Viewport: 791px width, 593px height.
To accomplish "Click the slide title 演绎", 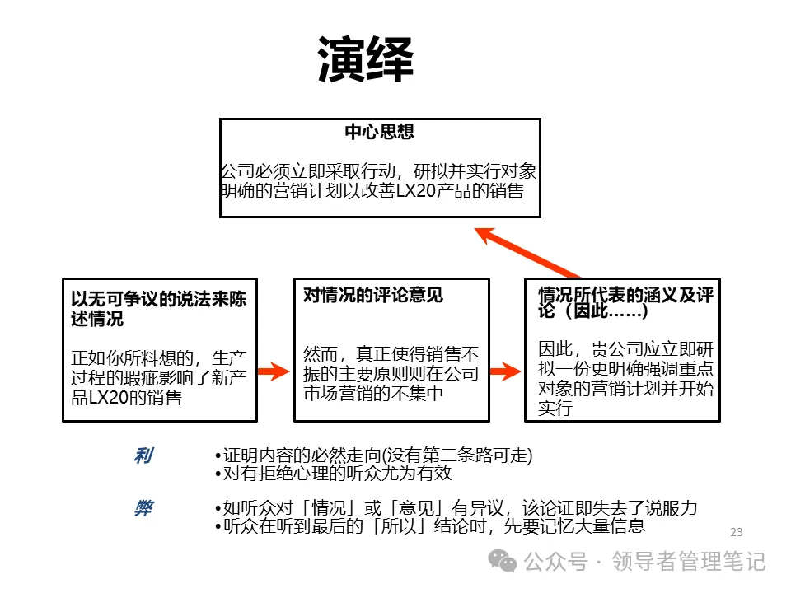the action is tap(365, 59).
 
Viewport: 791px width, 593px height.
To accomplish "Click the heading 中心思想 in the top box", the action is tap(379, 132).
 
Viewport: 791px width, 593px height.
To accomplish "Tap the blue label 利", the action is tap(143, 456).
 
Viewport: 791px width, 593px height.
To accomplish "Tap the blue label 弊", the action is tap(143, 508).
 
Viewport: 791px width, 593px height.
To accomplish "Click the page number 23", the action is tap(737, 532).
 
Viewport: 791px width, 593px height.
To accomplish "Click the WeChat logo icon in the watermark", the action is tap(503, 562).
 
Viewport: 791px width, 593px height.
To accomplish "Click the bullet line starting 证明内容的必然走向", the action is tap(372, 456).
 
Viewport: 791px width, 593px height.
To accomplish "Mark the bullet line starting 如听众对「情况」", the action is tap(455, 508).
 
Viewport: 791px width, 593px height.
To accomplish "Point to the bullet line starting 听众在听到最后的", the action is tap(428, 526).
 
